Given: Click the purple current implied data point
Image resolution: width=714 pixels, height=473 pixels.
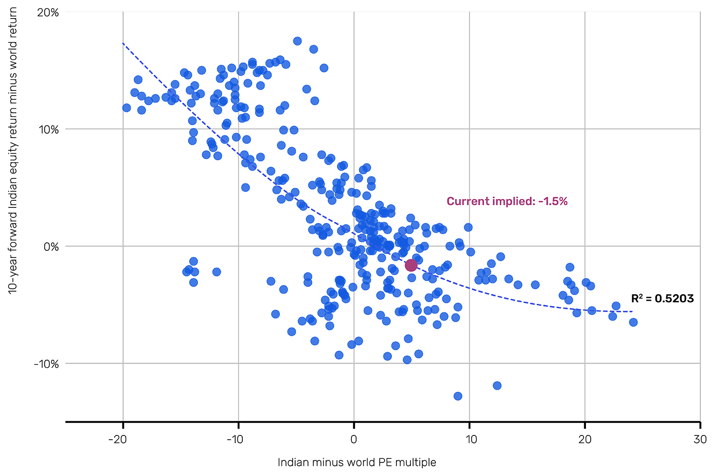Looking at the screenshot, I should (x=411, y=266).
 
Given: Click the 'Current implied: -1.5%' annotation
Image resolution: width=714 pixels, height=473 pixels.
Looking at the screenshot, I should (x=507, y=201).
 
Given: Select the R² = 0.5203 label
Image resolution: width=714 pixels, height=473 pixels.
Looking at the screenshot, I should (x=662, y=299).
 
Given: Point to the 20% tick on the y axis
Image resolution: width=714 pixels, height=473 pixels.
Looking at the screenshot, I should (x=48, y=12).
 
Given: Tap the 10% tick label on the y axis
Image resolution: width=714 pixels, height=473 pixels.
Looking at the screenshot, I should (x=48, y=129).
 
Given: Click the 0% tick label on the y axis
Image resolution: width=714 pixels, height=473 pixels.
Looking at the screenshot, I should (x=51, y=246).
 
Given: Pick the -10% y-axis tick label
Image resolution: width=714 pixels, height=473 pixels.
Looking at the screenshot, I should (x=46, y=364).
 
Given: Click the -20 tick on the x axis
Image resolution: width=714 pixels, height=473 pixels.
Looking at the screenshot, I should (x=117, y=439).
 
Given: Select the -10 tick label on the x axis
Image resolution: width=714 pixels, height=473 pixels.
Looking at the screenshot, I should (x=234, y=439).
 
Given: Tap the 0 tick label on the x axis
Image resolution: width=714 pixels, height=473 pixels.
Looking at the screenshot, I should (x=354, y=439).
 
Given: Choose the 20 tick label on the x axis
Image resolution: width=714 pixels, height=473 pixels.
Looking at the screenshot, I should (x=585, y=439).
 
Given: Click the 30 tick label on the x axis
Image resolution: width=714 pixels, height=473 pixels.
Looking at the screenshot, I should (x=700, y=439).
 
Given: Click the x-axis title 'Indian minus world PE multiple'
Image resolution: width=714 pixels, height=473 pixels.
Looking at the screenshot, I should (x=357, y=462).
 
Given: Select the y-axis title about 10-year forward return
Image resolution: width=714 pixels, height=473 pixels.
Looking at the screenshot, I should (x=13, y=150).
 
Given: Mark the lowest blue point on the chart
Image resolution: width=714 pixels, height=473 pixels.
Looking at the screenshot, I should (x=458, y=396).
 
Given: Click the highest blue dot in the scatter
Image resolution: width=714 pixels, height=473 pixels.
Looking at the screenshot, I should (x=297, y=41).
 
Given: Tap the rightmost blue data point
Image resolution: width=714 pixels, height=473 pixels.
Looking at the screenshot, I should (x=633, y=322).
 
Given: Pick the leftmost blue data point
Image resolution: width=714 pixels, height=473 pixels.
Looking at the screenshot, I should (x=126, y=108).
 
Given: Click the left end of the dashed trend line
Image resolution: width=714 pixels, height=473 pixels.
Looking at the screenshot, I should (x=123, y=43).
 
